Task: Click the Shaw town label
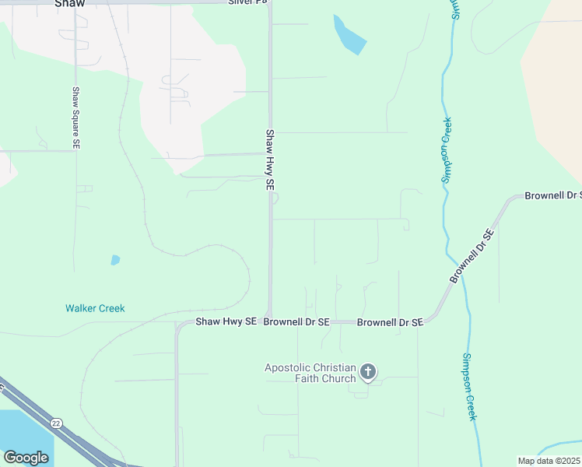(x=69, y=3)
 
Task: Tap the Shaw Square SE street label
(x=76, y=118)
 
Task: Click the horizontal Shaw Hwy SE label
(x=226, y=321)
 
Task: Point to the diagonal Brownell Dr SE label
(x=472, y=256)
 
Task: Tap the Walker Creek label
(x=95, y=308)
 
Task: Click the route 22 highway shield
(x=56, y=423)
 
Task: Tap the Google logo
(x=26, y=458)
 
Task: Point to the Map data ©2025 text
(x=549, y=461)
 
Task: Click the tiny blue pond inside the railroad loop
(x=115, y=260)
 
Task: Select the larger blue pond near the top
(x=349, y=35)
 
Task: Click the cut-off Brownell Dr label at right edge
(x=553, y=195)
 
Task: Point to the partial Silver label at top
(x=247, y=2)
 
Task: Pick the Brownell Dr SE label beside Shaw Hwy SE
(x=296, y=321)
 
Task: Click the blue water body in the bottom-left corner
(x=23, y=432)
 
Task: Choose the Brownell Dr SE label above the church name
(x=390, y=321)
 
